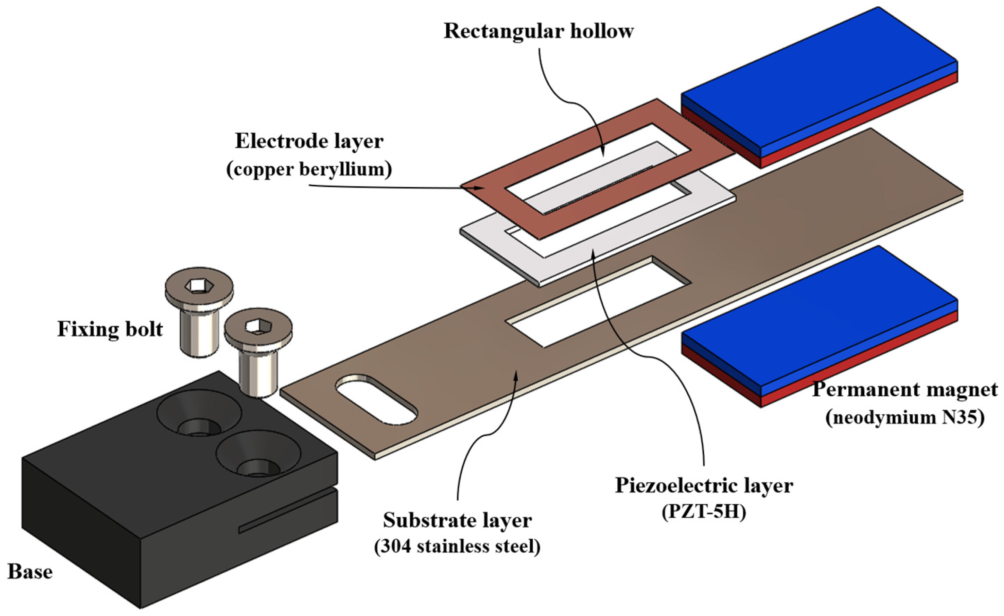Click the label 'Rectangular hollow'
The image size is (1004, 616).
coord(538,31)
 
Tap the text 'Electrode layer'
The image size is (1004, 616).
coord(309,142)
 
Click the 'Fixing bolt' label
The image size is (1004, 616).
coord(110,329)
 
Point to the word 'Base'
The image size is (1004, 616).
coord(30,572)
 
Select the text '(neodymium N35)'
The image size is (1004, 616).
coord(904,417)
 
